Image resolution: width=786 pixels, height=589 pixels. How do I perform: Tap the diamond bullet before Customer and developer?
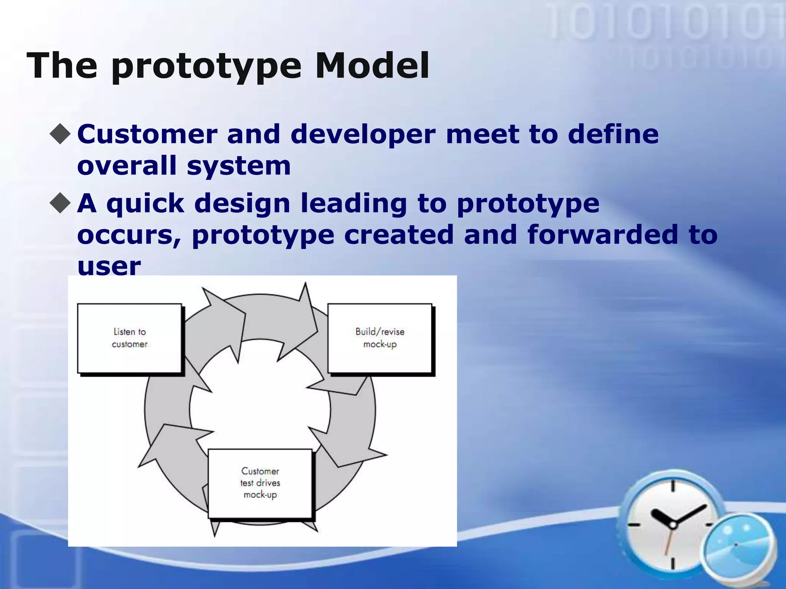pyautogui.click(x=61, y=134)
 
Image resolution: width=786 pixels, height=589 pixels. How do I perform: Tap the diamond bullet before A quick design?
pyautogui.click(x=61, y=202)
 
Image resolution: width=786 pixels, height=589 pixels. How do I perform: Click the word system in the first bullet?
pyautogui.click(x=238, y=166)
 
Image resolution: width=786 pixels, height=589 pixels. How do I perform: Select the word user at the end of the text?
pyautogui.click(x=109, y=266)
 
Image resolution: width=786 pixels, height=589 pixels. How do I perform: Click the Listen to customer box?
pyautogui.click(x=129, y=338)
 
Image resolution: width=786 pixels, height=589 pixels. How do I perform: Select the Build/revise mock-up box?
pyautogui.click(x=380, y=338)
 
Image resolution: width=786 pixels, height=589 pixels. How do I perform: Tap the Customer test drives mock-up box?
pyautogui.click(x=260, y=483)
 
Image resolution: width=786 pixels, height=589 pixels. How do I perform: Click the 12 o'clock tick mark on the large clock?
pyautogui.click(x=673, y=486)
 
